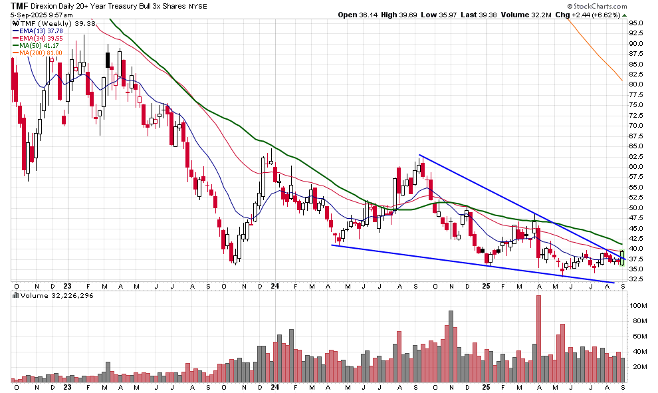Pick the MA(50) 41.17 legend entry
41,45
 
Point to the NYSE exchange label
197,6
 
